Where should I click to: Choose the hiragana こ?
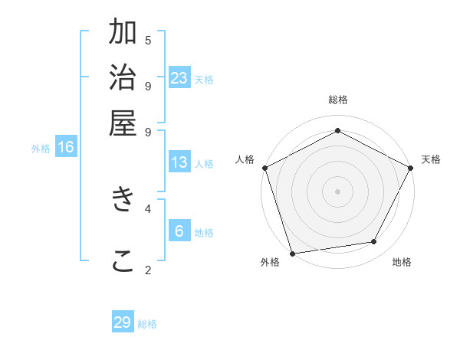tap(123, 260)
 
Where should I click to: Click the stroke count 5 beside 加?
tap(148, 40)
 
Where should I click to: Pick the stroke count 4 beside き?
tap(148, 208)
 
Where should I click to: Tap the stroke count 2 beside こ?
tap(148, 270)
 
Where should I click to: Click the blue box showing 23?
tap(179, 78)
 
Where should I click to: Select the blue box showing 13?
tap(179, 162)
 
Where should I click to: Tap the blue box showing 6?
tap(179, 231)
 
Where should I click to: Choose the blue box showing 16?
tap(66, 147)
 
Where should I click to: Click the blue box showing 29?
tap(123, 322)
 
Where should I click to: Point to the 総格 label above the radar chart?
tap(337, 100)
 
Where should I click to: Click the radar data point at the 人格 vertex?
tap(264, 168)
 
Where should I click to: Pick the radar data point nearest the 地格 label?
tap(374, 242)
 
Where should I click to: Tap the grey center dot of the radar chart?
tap(337, 191)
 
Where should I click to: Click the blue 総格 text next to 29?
tap(148, 324)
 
